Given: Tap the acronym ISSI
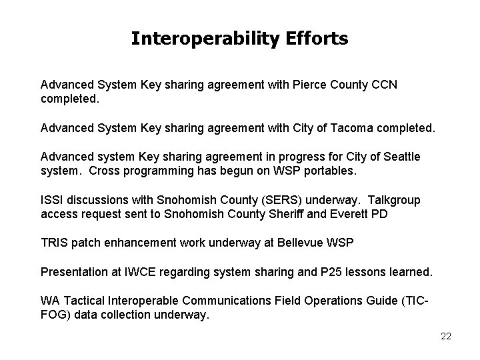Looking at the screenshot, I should click(52, 201).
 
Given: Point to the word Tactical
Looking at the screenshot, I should click(83, 301).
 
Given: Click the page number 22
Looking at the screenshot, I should click(445, 336).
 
